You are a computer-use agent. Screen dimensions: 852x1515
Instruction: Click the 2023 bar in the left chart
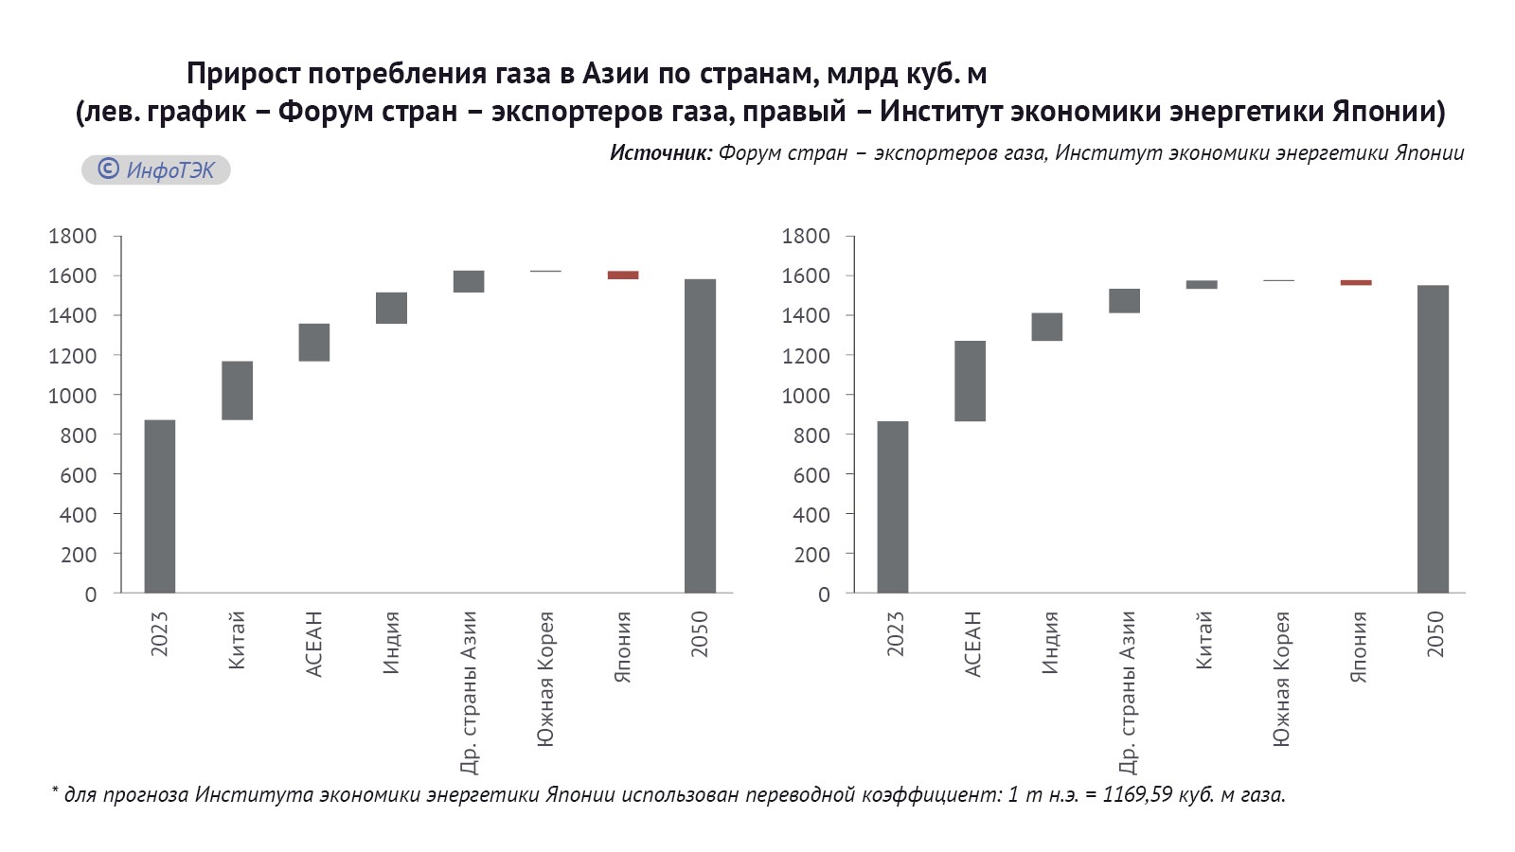click(x=159, y=506)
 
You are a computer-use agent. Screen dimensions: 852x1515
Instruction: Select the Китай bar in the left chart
click(x=237, y=390)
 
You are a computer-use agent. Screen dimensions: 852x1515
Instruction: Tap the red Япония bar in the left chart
click(x=623, y=275)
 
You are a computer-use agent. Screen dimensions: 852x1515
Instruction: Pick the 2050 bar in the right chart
click(x=1433, y=439)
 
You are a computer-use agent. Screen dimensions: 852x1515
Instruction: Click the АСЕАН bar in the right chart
click(x=970, y=381)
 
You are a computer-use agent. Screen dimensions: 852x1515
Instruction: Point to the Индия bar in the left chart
click(x=391, y=308)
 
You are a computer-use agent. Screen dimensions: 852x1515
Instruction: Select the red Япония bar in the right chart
click(x=1356, y=282)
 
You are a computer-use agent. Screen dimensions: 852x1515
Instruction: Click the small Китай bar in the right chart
click(x=1202, y=284)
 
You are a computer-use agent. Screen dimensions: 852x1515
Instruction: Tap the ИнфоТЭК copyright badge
click(x=156, y=169)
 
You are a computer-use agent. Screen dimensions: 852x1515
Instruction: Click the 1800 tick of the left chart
click(x=73, y=236)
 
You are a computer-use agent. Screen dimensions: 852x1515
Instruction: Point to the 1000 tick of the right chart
click(x=806, y=396)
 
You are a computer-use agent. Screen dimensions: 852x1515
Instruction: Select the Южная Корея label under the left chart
click(x=545, y=679)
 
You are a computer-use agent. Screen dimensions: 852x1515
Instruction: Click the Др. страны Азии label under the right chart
click(x=1127, y=692)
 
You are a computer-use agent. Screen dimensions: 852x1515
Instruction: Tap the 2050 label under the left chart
click(x=700, y=634)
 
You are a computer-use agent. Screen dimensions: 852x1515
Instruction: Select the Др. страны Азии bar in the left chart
click(x=469, y=281)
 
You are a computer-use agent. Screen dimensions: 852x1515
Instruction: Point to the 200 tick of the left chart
click(x=79, y=555)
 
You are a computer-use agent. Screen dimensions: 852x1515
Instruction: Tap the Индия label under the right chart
click(x=1049, y=643)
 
